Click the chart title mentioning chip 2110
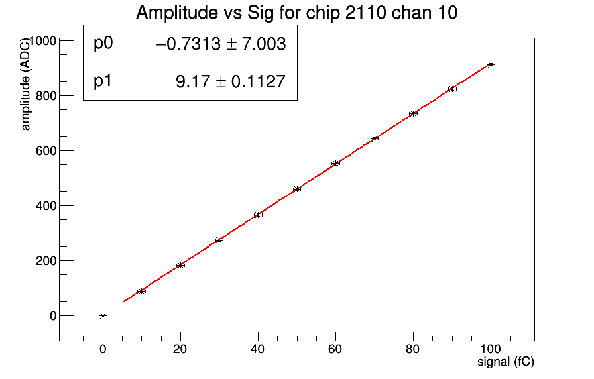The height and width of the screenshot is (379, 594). (296, 13)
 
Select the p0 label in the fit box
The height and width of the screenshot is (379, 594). (103, 44)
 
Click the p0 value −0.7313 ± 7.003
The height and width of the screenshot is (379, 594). (221, 44)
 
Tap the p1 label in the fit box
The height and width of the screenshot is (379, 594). (103, 81)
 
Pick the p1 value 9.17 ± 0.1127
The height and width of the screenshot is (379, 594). (230, 81)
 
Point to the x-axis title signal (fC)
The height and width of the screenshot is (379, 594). (505, 362)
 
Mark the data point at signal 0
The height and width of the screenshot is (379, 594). (103, 315)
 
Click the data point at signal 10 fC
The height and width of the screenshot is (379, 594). (141, 291)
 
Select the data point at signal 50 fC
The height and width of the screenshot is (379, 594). (296, 189)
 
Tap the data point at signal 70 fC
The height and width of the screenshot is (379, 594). (374, 138)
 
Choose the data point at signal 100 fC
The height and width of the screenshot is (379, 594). (491, 64)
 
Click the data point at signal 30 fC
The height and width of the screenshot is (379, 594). (219, 240)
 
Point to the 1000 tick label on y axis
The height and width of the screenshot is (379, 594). (40, 41)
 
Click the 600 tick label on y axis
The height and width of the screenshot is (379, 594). (44, 150)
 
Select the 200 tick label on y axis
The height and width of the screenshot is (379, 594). (44, 260)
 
